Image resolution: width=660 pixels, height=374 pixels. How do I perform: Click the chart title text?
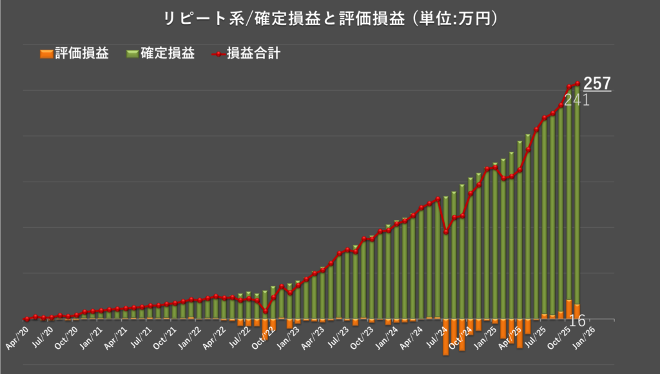330,19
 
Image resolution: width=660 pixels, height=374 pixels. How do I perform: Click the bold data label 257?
597,83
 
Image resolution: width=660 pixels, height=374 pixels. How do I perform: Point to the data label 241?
577,100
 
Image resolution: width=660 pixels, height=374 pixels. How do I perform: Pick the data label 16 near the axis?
577,321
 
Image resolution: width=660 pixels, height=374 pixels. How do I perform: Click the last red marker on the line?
577,83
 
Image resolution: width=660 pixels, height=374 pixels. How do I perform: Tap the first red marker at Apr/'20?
26,319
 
